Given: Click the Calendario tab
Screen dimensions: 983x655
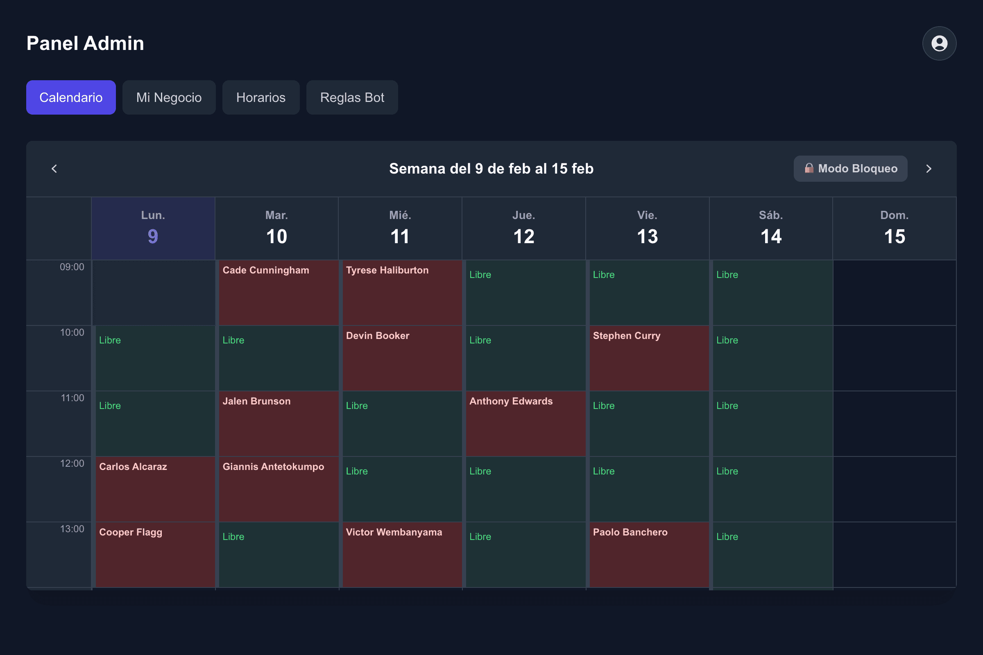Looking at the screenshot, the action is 71,97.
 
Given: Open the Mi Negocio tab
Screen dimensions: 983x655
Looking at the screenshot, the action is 169,97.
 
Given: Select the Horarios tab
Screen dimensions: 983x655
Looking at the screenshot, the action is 261,97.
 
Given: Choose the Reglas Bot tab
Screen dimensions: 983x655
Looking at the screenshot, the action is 352,97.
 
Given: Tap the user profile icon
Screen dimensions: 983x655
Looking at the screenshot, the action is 939,43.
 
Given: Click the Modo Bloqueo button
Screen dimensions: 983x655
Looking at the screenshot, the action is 850,169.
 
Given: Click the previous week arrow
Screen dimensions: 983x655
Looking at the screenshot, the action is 54,169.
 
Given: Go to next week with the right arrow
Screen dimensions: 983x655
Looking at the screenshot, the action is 929,169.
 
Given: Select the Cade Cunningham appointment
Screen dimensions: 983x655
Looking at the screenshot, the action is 279,293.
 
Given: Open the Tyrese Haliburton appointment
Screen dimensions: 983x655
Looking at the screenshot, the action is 402,293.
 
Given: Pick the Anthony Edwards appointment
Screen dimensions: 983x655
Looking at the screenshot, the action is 526,424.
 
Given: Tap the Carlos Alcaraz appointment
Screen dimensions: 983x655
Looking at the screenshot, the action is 155,489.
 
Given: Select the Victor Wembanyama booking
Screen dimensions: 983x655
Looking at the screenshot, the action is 402,555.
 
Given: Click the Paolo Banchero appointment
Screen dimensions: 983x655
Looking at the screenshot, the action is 649,555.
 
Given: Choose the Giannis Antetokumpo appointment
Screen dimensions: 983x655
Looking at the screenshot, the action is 279,489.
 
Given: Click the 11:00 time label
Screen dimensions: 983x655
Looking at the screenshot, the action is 72,398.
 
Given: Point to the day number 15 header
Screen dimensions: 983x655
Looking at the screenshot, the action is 895,237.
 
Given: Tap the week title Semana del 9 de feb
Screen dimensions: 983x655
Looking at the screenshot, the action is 491,169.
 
